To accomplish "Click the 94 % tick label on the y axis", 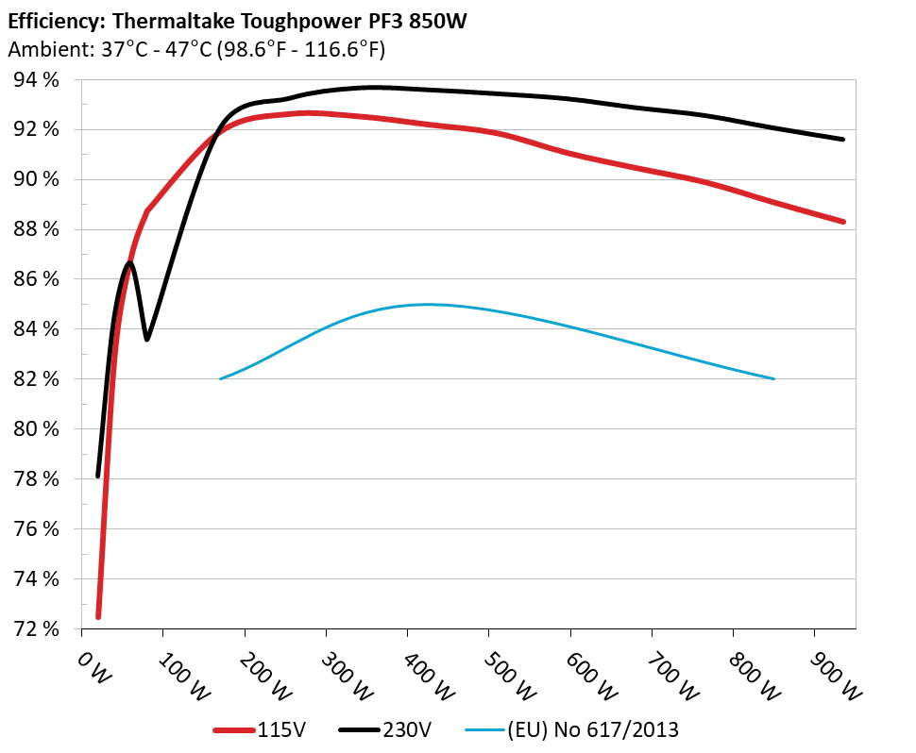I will [x=35, y=80].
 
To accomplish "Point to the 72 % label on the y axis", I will [x=35, y=628].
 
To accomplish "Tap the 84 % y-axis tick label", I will [x=35, y=329].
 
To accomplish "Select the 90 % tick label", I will [x=35, y=179].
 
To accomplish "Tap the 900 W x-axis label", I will [x=836, y=677].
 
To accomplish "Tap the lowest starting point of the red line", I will [x=98, y=617].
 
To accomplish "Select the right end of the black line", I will [x=842, y=139].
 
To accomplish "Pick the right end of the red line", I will [x=842, y=222].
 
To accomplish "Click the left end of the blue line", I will [x=220, y=378].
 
